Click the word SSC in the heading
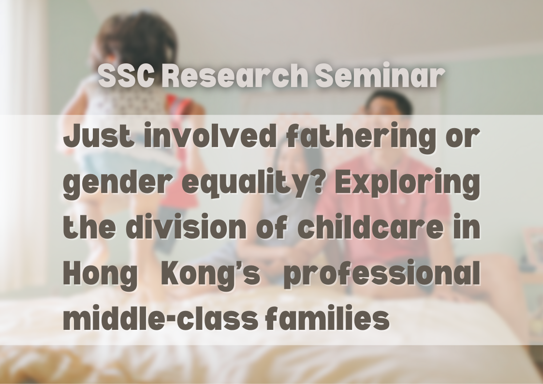[x=126, y=75]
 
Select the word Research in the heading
[x=235, y=75]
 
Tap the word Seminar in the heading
[x=380, y=75]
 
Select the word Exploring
[x=407, y=183]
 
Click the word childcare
[x=370, y=226]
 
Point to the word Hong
[x=100, y=275]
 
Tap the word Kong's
[x=210, y=275]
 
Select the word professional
[x=382, y=275]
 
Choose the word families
[x=328, y=318]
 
